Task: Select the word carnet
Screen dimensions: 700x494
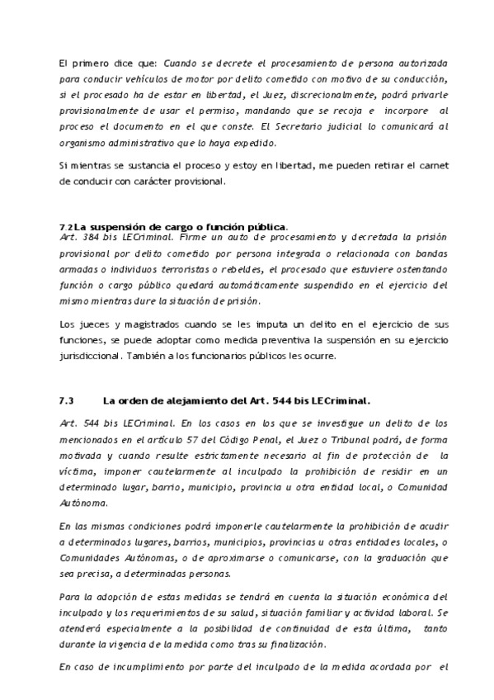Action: point(432,166)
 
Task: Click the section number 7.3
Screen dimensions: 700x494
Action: point(67,401)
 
